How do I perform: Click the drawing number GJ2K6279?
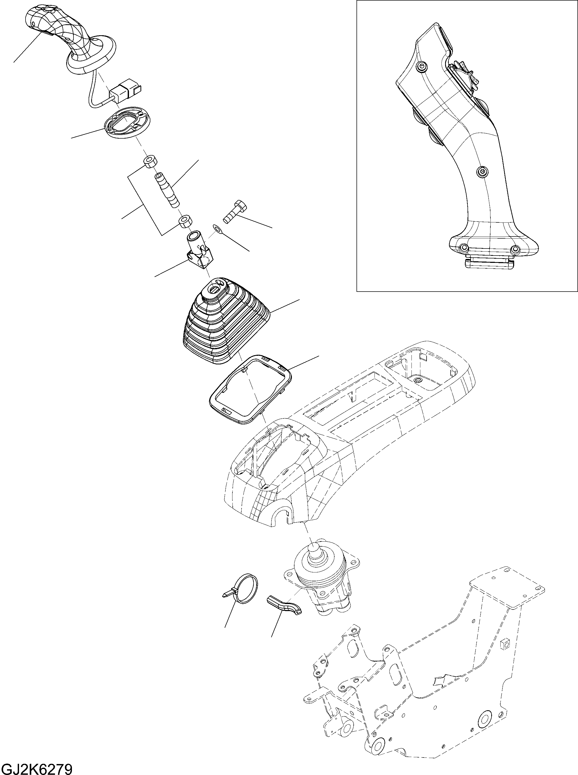(x=36, y=768)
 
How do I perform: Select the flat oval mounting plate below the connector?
(x=127, y=124)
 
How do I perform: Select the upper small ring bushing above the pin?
(x=150, y=162)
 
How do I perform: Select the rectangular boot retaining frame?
(x=250, y=389)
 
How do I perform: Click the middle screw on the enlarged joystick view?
(x=482, y=171)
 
